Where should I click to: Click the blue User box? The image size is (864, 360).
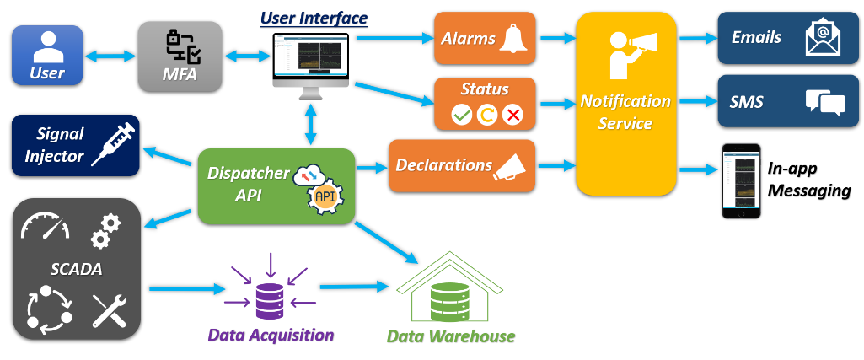click(47, 56)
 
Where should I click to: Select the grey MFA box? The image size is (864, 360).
click(180, 56)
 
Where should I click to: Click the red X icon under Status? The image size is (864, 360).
click(512, 114)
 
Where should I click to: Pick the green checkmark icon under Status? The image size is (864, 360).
click(461, 114)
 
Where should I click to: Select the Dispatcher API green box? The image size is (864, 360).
click(276, 186)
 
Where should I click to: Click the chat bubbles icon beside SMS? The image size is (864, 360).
click(824, 103)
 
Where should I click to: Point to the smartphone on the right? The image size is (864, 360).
click(742, 180)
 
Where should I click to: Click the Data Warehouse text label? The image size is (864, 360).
click(450, 336)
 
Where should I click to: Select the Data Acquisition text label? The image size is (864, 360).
click(271, 335)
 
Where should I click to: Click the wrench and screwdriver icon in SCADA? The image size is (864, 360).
click(109, 310)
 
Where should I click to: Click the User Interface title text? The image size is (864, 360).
click(314, 17)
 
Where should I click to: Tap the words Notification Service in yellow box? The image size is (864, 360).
click(625, 112)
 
